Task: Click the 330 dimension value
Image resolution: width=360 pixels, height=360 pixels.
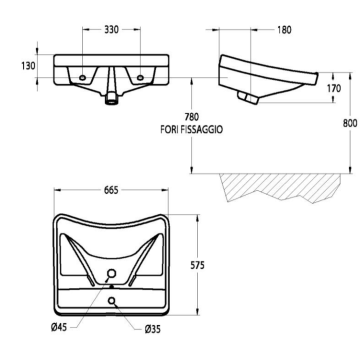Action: coord(115,31)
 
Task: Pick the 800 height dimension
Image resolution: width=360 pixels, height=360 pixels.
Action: coord(346,124)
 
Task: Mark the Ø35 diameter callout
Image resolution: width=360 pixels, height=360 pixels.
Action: coord(153,328)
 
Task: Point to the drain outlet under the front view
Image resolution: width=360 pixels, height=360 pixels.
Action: coord(111,97)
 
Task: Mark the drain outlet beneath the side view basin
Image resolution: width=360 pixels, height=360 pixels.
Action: coord(247,94)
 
